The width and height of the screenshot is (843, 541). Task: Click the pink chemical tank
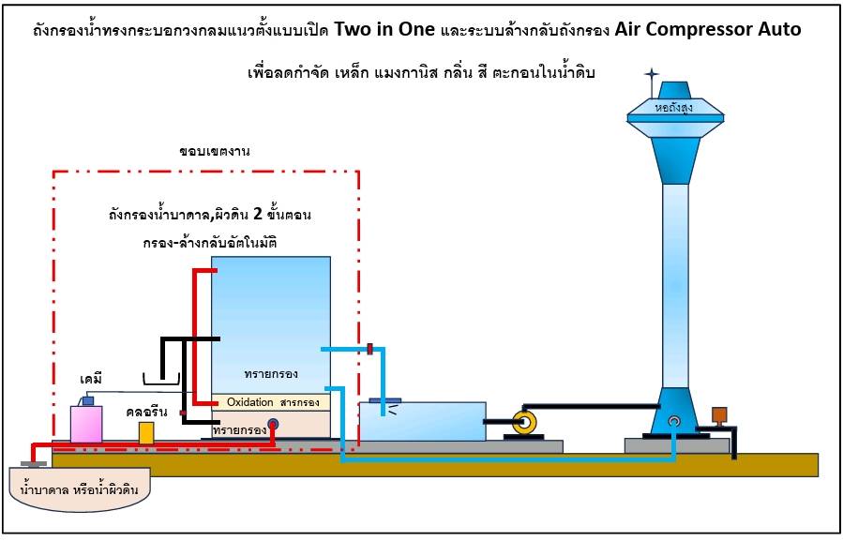click(x=87, y=424)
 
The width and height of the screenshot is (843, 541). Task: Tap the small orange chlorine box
click(x=145, y=432)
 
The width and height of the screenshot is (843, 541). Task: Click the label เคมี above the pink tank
click(x=91, y=381)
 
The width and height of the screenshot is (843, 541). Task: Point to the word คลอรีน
click(x=147, y=411)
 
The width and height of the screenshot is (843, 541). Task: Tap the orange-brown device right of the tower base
click(x=720, y=414)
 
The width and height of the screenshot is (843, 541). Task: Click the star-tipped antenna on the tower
click(x=652, y=74)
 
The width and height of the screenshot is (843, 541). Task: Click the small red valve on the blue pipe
click(x=370, y=349)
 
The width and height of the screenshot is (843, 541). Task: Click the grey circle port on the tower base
click(x=673, y=423)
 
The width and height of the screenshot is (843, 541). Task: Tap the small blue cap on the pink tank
click(x=87, y=401)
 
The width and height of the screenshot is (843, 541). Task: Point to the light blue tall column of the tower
click(x=676, y=281)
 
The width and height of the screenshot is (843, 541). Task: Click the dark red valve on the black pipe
click(x=184, y=413)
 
